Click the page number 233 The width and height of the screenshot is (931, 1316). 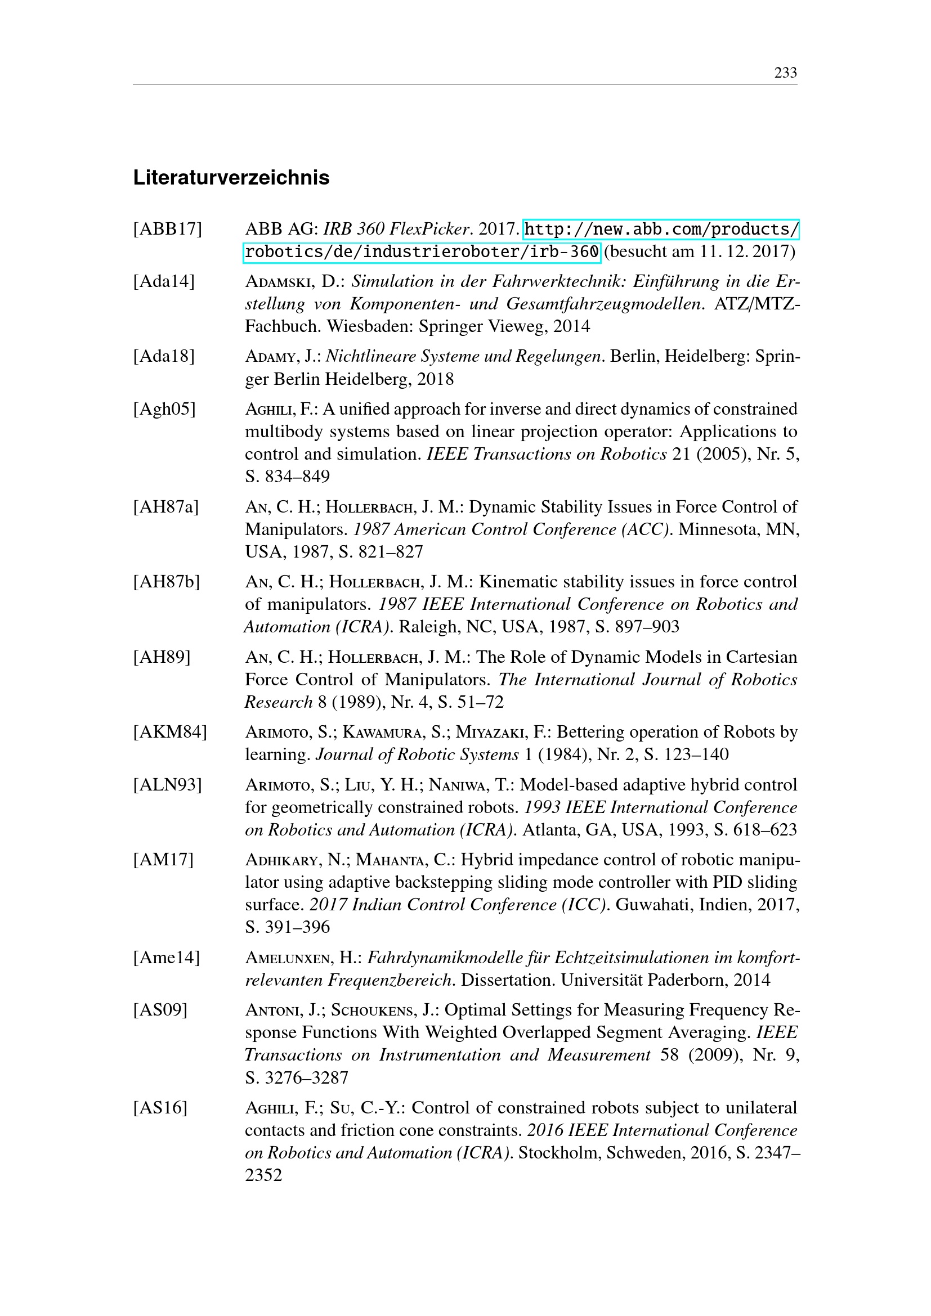click(x=785, y=73)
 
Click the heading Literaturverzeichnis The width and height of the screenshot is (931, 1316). click(x=231, y=178)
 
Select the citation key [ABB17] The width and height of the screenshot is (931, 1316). click(x=167, y=229)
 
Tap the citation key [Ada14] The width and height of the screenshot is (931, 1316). click(x=164, y=281)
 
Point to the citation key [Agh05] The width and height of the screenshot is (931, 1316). click(x=164, y=409)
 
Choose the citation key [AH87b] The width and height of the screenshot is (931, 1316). click(x=166, y=582)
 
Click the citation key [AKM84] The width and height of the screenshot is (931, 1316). click(x=169, y=733)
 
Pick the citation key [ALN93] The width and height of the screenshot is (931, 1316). click(x=167, y=785)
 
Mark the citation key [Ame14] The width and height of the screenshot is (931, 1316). click(x=166, y=958)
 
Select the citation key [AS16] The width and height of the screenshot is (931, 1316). click(x=160, y=1108)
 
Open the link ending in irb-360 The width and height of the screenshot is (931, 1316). click(x=422, y=252)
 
